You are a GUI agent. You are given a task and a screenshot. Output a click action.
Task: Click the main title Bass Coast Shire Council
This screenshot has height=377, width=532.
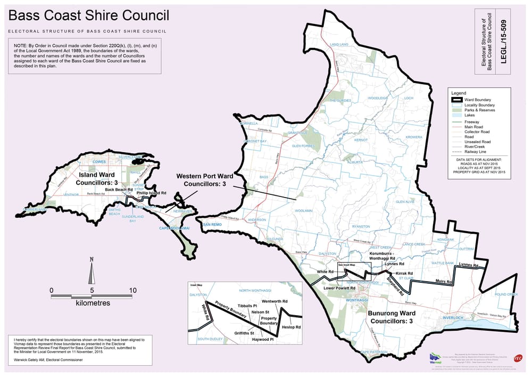pos(88,17)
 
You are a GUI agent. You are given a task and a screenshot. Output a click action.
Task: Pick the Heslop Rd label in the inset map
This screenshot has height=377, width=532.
pos(291,326)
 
